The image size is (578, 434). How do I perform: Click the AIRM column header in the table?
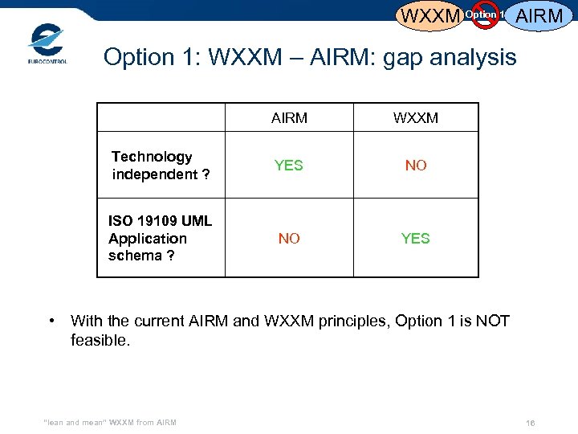tap(289, 118)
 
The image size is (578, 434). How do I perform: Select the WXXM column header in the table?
tap(416, 118)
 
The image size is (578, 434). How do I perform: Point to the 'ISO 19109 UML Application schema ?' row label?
tap(160, 238)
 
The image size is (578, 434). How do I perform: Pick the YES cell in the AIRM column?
tap(289, 166)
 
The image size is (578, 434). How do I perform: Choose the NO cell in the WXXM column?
tap(416, 166)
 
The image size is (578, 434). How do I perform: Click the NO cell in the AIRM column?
tap(289, 238)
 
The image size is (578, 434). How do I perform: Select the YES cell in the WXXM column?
tap(416, 238)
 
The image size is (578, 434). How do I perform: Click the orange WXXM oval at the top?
tap(430, 15)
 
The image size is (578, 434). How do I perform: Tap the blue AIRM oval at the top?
tap(539, 15)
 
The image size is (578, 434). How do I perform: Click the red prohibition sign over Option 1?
tap(485, 14)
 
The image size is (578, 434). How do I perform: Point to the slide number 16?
tap(530, 423)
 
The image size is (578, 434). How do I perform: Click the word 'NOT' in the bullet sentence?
tap(492, 321)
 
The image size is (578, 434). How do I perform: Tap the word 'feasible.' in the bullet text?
tap(100, 341)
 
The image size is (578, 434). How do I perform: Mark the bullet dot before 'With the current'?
tap(52, 321)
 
